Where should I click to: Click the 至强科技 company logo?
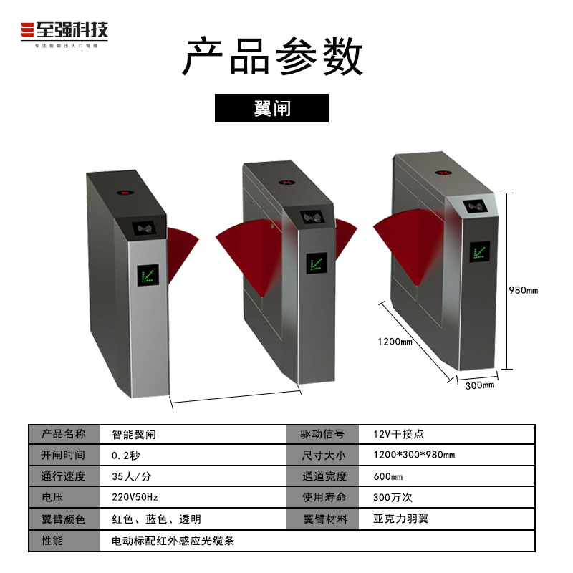64,32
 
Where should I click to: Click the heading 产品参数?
272,58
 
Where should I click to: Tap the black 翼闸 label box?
271,108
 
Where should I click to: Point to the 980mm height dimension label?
523,290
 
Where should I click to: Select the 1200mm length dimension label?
395,342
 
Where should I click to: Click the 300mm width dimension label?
480,386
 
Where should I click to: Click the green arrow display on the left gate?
150,274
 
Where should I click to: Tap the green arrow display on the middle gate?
316,263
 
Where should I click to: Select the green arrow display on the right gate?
478,253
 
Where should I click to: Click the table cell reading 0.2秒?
125,455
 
